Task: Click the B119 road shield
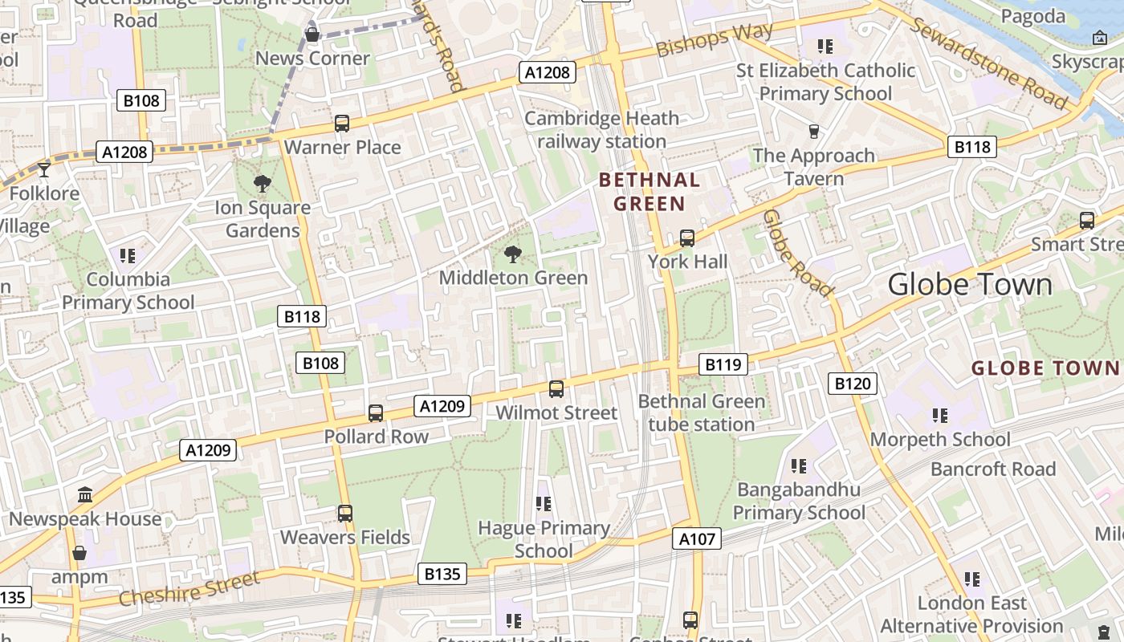pos(723,365)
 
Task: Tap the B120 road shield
pos(853,384)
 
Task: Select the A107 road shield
pos(697,539)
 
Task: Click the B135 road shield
pos(442,574)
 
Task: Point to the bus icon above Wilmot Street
pos(556,389)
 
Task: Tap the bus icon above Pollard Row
pos(376,413)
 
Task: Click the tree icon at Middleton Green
pos(512,254)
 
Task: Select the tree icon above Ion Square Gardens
pos(262,184)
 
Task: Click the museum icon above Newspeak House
pos(85,495)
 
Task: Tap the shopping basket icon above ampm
pos(79,553)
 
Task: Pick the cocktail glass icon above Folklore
pos(44,169)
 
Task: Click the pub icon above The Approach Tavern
pos(814,132)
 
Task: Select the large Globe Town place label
pos(970,285)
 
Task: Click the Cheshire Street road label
pos(190,588)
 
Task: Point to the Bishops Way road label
pos(715,39)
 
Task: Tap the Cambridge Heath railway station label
pos(601,130)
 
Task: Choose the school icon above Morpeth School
pos(940,416)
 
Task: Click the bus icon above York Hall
pos(687,238)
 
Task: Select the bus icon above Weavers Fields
pos(345,513)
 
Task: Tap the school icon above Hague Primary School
pos(544,504)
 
